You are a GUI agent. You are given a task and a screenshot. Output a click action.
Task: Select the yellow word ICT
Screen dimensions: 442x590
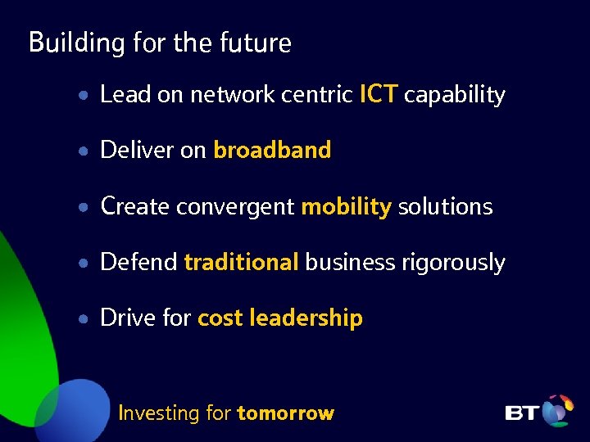point(379,95)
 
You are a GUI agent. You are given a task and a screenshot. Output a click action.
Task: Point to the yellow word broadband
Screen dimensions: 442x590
point(272,151)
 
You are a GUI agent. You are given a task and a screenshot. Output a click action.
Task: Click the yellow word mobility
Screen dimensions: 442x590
point(346,207)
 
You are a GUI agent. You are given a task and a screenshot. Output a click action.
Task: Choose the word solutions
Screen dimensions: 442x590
point(445,206)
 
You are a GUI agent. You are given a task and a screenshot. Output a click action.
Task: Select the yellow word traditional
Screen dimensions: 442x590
point(241,262)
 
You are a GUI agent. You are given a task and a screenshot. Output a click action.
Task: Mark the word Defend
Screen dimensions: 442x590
point(138,262)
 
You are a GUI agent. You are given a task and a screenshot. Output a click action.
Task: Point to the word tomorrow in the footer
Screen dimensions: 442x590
point(285,413)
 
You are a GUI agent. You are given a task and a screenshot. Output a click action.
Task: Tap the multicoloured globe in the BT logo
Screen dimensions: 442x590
point(558,410)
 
